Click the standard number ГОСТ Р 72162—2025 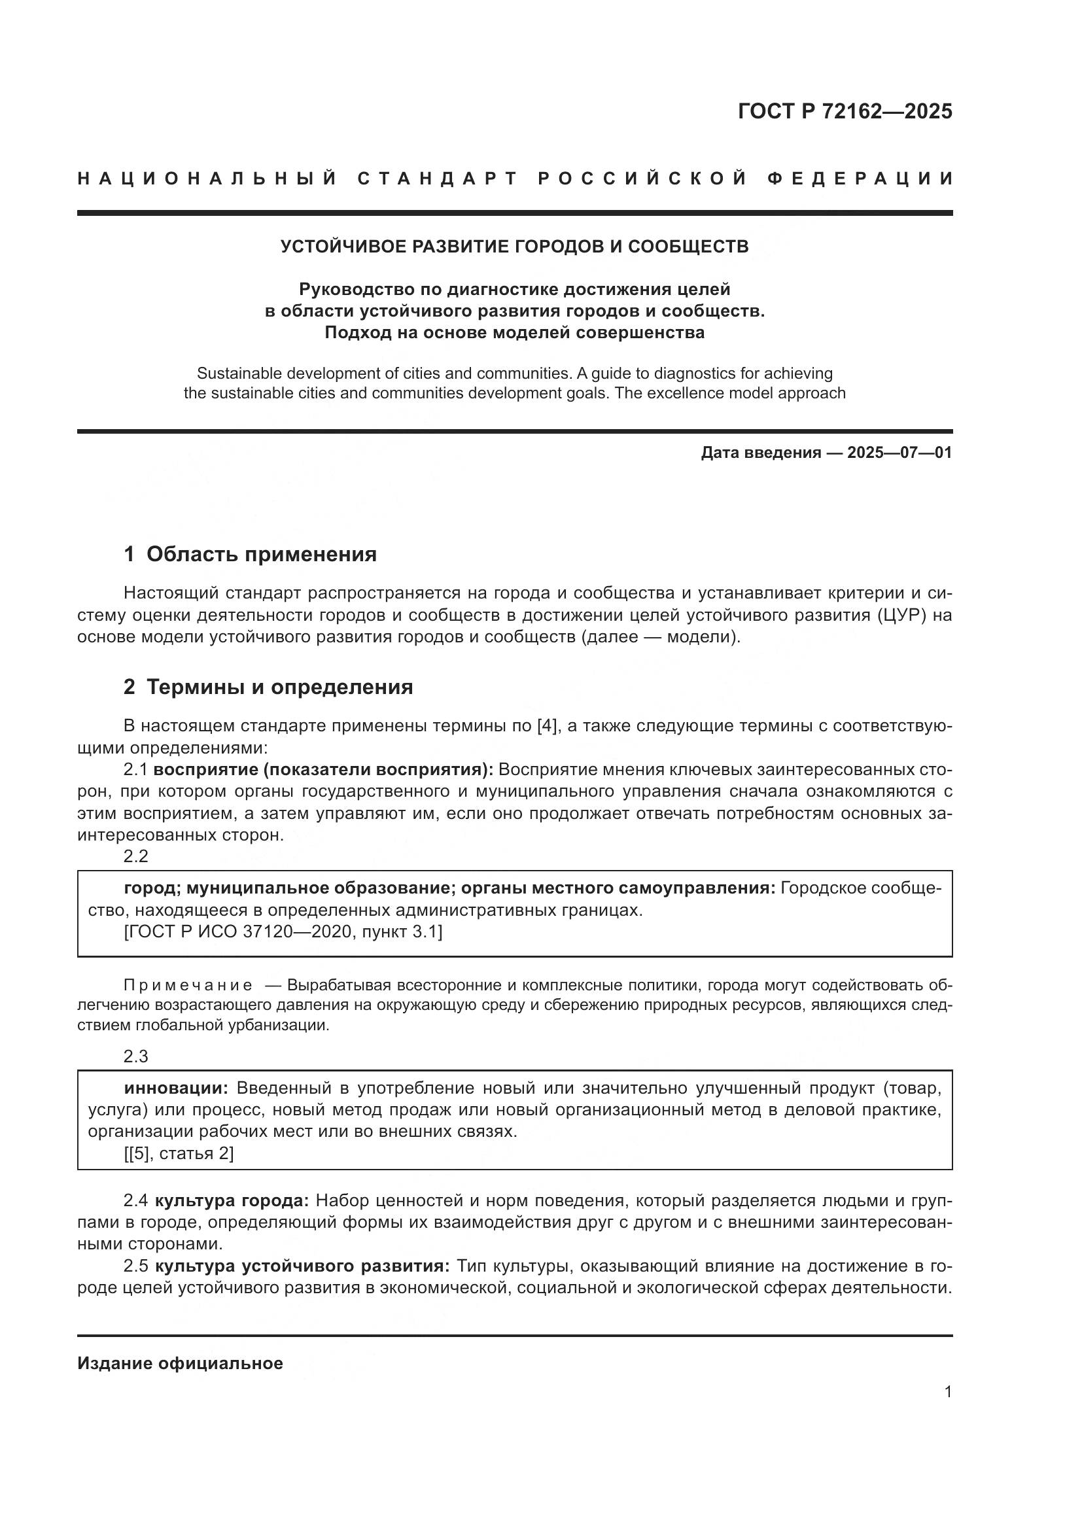[845, 111]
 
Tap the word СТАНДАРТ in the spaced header [438, 179]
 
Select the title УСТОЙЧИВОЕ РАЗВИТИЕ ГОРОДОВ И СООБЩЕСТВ [514, 247]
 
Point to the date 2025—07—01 [899, 453]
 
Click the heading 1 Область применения [250, 554]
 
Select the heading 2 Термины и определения [268, 686]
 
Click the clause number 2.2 [136, 856]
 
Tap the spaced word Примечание [188, 986]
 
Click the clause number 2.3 [136, 1056]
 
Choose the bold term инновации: [176, 1088]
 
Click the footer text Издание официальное [180, 1363]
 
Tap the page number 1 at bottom [948, 1391]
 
